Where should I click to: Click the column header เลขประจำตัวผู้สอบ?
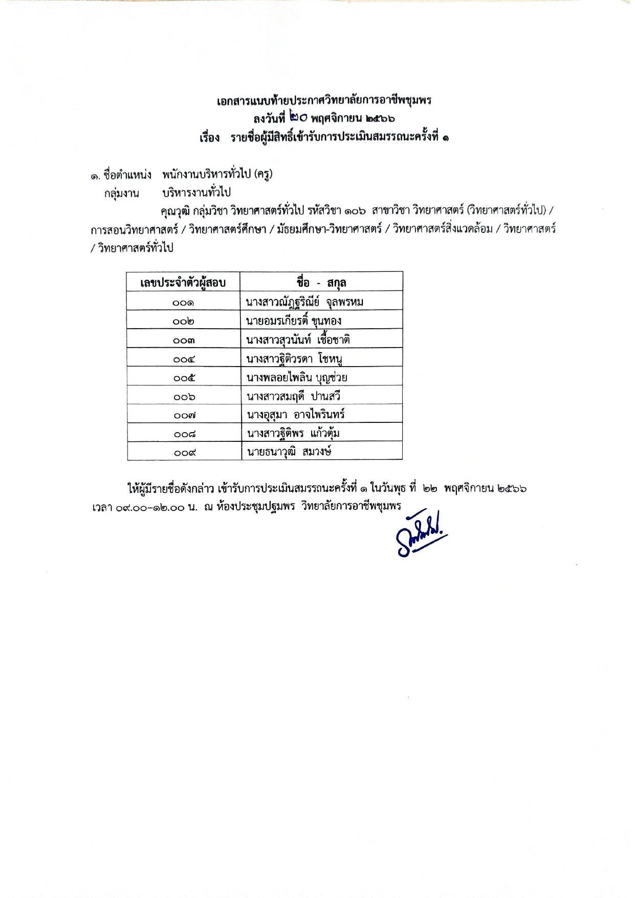coord(183,282)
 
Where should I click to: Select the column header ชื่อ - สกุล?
coord(321,282)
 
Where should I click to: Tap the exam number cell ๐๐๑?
coord(183,303)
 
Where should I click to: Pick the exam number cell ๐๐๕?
coord(184,378)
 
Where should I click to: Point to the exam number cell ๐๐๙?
coord(184,453)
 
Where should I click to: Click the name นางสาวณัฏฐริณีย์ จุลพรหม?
coord(304,302)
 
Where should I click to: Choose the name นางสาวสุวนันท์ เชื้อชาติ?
coord(298,340)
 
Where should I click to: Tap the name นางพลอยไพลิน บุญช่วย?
coord(297,378)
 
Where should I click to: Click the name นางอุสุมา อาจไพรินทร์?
coord(296,415)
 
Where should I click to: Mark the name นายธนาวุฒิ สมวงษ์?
coord(289,452)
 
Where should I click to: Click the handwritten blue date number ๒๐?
coord(298,118)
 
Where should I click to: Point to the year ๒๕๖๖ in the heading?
coord(380,119)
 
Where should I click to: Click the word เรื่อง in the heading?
coord(210,138)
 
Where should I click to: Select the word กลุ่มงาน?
coord(122,194)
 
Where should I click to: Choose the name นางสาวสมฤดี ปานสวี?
coord(293,396)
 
